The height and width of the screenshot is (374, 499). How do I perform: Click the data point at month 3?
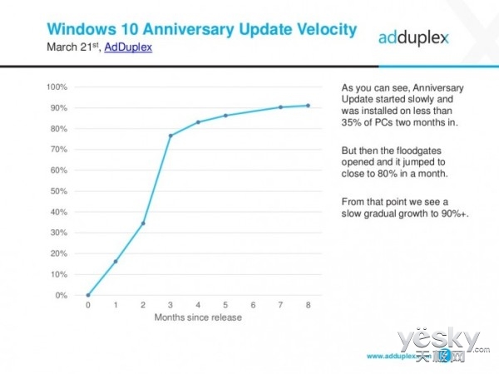tap(170, 135)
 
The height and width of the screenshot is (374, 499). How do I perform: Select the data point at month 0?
tap(87, 295)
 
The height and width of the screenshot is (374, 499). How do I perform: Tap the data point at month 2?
tap(143, 224)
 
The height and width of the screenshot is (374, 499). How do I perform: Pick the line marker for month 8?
tap(309, 106)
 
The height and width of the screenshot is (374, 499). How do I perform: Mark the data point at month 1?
tap(115, 262)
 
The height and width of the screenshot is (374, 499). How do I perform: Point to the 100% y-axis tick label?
tap(57, 87)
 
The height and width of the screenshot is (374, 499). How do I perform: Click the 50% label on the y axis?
tap(58, 191)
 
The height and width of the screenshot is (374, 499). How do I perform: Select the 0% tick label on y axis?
tap(61, 295)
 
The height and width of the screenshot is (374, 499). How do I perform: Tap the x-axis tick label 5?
tap(225, 306)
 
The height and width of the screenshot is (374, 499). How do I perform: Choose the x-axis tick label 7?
tap(281, 306)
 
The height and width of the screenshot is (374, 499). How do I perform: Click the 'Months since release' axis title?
tap(198, 317)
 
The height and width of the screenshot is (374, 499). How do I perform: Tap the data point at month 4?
tap(198, 122)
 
